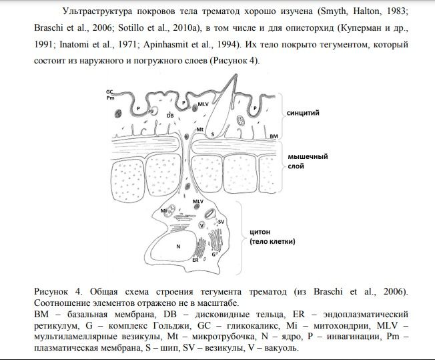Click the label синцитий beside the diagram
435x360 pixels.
302,113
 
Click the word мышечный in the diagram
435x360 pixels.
308,156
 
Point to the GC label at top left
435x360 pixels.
109,91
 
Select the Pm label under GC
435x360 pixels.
109,98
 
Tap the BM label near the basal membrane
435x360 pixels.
274,136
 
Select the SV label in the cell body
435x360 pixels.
221,220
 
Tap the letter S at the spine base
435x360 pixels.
212,134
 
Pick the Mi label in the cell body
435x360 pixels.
163,210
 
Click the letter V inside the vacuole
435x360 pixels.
201,225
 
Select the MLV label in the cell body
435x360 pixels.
197,200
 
